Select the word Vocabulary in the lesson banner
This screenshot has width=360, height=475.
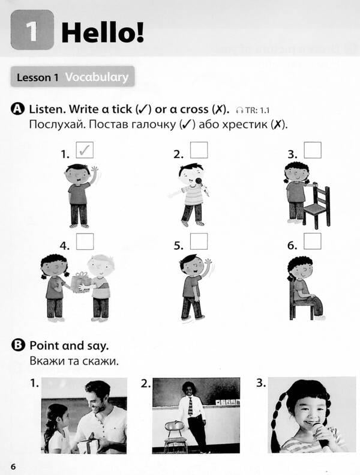(x=97, y=77)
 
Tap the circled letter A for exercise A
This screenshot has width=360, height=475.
(x=17, y=109)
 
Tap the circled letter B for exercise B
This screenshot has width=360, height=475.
(x=17, y=345)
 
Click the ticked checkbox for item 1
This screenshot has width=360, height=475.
(x=85, y=150)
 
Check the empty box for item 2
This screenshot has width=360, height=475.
(x=199, y=150)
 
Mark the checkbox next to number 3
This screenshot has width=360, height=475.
(x=312, y=150)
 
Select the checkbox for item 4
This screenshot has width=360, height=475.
(x=85, y=241)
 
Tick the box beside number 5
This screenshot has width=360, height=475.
(x=199, y=241)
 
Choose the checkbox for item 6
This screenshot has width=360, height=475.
(x=312, y=241)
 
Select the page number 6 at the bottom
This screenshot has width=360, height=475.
(x=13, y=466)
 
